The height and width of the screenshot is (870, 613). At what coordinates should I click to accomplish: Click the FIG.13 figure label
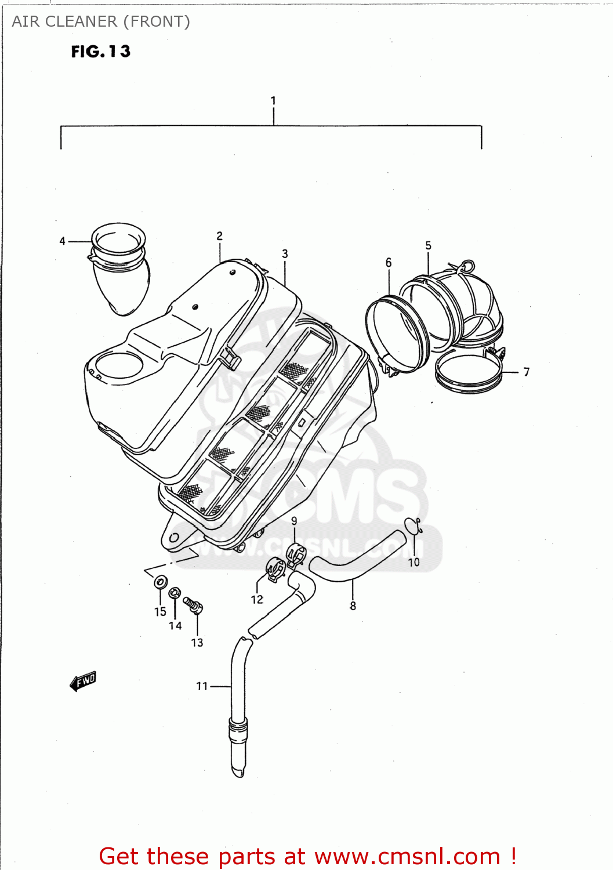pyautogui.click(x=101, y=52)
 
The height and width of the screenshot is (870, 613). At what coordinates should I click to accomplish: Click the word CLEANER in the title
pyautogui.click(x=81, y=21)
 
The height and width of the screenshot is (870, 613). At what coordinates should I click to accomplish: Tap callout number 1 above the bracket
pyautogui.click(x=273, y=101)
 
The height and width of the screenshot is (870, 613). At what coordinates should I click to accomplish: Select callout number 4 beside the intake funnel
pyautogui.click(x=63, y=241)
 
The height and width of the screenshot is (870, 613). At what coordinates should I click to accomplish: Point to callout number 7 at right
pyautogui.click(x=526, y=372)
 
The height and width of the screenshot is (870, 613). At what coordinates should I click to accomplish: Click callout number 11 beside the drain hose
pyautogui.click(x=202, y=686)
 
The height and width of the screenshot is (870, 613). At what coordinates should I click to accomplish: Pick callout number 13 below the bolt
pyautogui.click(x=197, y=643)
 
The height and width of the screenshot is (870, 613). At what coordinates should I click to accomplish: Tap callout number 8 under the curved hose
pyautogui.click(x=353, y=606)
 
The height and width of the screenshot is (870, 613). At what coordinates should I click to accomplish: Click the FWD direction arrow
pyautogui.click(x=84, y=681)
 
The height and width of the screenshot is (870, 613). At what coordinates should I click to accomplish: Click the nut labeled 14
pyautogui.click(x=174, y=593)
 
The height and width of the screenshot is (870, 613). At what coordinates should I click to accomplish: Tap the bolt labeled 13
pyautogui.click(x=194, y=605)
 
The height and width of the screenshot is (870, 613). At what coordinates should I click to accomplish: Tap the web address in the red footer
pyautogui.click(x=407, y=856)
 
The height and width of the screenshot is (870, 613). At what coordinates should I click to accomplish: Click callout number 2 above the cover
pyautogui.click(x=219, y=236)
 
